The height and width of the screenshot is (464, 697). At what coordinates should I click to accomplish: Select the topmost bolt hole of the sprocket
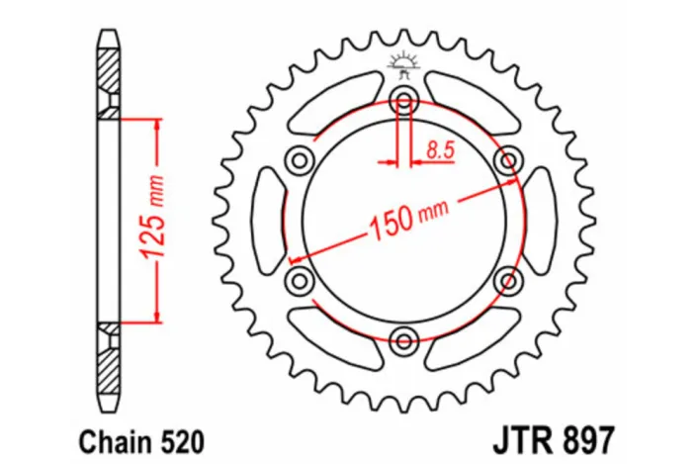(x=403, y=98)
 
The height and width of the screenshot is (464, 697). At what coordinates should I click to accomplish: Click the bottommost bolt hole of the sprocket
(x=403, y=342)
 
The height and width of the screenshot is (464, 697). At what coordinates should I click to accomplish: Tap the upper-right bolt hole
(x=509, y=159)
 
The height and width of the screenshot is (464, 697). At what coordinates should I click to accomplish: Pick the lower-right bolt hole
(x=509, y=281)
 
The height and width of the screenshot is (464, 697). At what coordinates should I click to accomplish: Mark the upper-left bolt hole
(x=298, y=159)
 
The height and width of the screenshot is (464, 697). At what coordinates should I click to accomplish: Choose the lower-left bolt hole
(x=298, y=282)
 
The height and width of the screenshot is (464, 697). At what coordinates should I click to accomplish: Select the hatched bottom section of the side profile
(x=108, y=366)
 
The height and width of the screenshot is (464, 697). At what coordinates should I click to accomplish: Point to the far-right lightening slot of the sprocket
(x=539, y=220)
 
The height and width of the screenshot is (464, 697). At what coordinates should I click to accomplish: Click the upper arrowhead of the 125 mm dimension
(x=156, y=125)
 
